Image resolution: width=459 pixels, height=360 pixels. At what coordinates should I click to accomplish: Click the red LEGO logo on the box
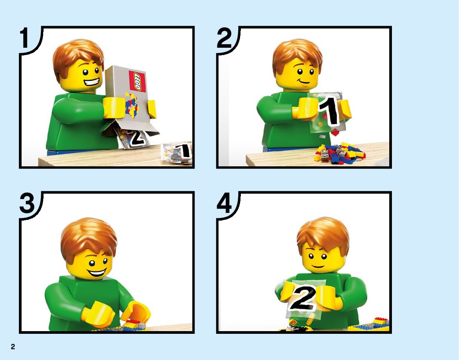point(137,81)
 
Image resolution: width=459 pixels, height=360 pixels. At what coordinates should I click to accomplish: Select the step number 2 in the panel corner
point(225,39)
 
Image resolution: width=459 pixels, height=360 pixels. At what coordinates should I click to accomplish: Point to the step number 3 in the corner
point(27,203)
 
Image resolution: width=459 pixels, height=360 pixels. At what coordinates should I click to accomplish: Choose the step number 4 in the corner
point(225,204)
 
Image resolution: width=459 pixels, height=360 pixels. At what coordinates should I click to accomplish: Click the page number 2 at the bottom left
point(13,347)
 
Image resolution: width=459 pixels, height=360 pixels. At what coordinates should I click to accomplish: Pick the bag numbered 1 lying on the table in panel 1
point(177,152)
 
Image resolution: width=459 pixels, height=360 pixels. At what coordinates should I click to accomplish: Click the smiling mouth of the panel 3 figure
point(97,273)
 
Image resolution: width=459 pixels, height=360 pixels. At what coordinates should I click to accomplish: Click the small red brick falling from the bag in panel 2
point(335,133)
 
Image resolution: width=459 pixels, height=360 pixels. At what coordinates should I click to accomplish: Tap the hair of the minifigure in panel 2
point(297,55)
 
